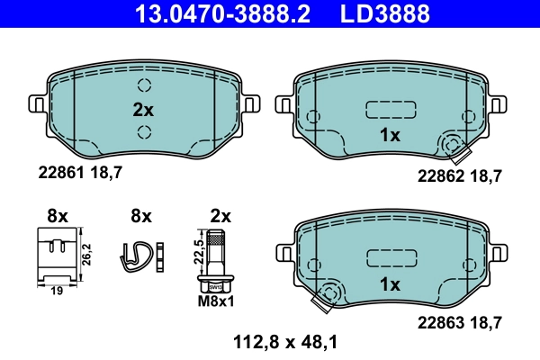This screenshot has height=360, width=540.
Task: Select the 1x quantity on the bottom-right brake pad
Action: (x=390, y=283)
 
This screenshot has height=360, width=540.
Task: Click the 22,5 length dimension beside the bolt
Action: (x=199, y=249)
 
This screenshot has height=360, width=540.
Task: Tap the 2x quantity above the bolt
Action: (x=220, y=216)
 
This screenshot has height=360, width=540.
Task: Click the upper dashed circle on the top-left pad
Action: (x=143, y=87)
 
